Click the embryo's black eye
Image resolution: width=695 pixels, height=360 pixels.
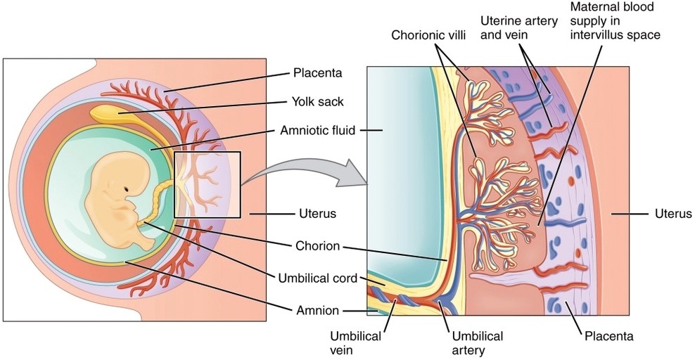(127, 189)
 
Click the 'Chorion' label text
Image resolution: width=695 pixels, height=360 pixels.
(318, 246)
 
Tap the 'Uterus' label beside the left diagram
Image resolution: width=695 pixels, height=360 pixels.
(314, 212)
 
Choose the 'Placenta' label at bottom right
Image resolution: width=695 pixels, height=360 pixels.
(609, 336)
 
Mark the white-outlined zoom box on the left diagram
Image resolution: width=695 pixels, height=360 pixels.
(208, 184)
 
